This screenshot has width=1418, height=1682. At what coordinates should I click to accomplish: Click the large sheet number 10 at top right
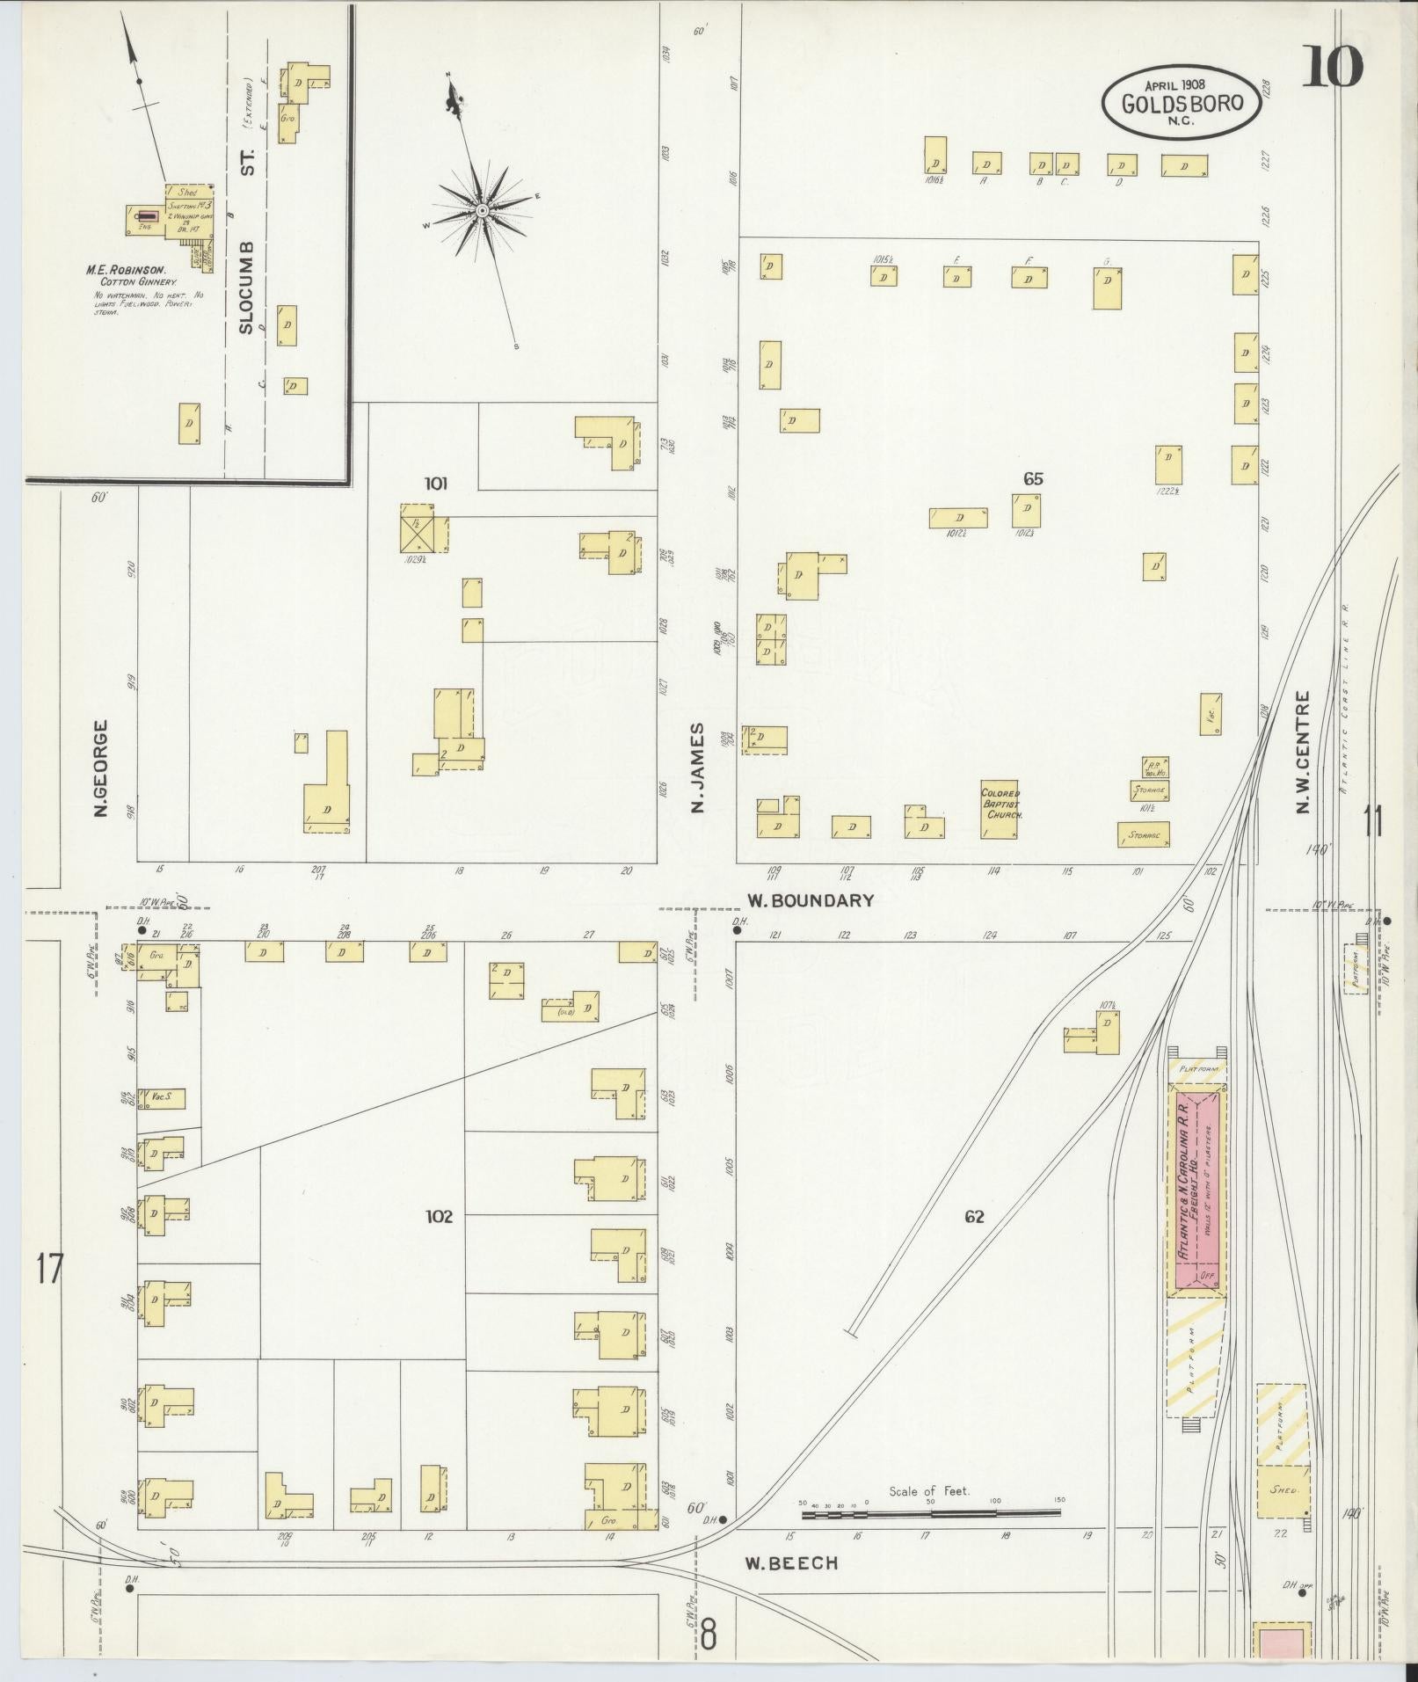(1331, 67)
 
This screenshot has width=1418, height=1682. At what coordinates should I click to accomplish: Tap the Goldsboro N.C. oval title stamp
(1181, 103)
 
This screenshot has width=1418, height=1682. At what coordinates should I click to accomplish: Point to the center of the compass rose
(483, 211)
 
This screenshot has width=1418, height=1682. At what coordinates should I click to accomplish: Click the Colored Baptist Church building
(1000, 808)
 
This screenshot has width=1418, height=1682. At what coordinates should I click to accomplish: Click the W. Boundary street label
(811, 899)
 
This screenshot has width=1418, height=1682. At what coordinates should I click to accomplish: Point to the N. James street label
(699, 768)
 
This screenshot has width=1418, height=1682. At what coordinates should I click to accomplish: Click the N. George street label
(101, 768)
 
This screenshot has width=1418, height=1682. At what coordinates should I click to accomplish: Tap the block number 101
(436, 483)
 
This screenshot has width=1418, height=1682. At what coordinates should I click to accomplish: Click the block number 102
(439, 1216)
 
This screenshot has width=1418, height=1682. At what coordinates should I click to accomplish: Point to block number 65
(1032, 479)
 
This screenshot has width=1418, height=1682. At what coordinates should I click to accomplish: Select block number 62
(973, 1216)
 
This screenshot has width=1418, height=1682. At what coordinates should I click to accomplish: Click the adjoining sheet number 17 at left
(50, 1269)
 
